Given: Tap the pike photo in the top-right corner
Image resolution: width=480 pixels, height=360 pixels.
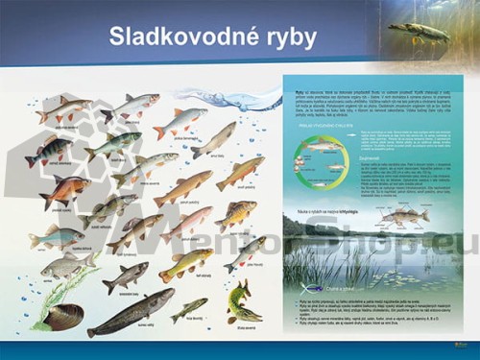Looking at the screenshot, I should (x=419, y=32).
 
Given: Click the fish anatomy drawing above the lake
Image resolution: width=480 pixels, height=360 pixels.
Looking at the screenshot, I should (x=405, y=217).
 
